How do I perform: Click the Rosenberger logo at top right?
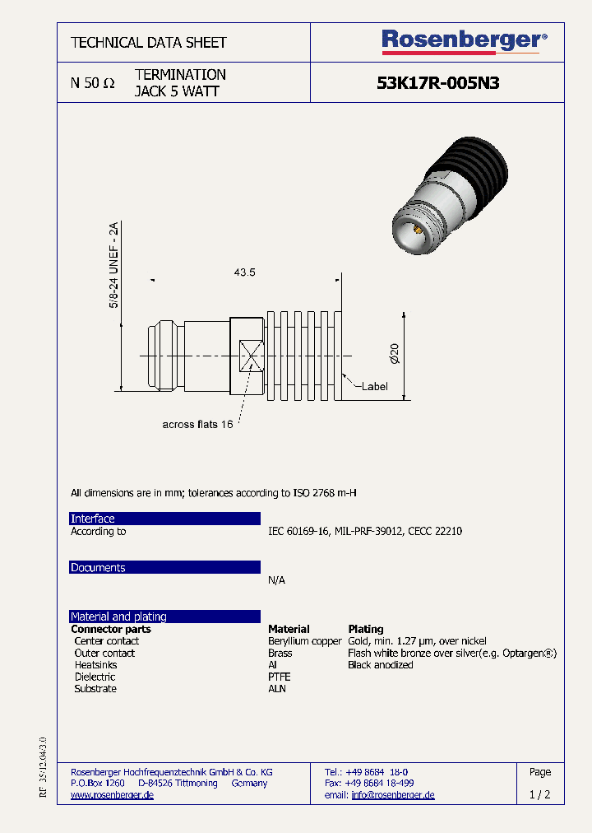click(464, 40)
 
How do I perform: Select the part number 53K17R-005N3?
click(437, 83)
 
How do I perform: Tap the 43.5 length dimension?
click(245, 272)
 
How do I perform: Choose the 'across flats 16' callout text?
click(197, 424)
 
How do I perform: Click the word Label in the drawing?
click(374, 387)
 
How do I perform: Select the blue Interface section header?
click(164, 519)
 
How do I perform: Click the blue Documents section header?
click(164, 568)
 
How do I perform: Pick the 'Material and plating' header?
click(164, 617)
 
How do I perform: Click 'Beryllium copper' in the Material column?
click(304, 641)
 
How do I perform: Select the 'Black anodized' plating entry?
click(380, 665)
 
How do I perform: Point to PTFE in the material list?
click(279, 677)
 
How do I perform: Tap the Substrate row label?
click(95, 689)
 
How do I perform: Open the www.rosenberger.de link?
click(112, 795)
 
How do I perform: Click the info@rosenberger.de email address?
click(392, 795)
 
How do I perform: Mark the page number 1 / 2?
click(539, 795)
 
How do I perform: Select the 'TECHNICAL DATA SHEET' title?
click(149, 42)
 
